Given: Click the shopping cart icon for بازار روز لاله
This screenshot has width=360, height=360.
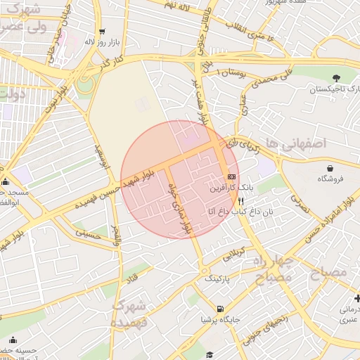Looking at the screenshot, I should coord(103,32).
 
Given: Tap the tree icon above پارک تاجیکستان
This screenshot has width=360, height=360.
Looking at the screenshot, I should coord(335,78).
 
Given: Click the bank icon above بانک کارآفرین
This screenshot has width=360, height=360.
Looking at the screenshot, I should coord(231,176).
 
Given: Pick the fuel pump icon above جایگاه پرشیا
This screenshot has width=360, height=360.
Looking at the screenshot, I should coord(221,308).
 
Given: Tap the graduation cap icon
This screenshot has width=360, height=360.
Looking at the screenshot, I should coord(209,356).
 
